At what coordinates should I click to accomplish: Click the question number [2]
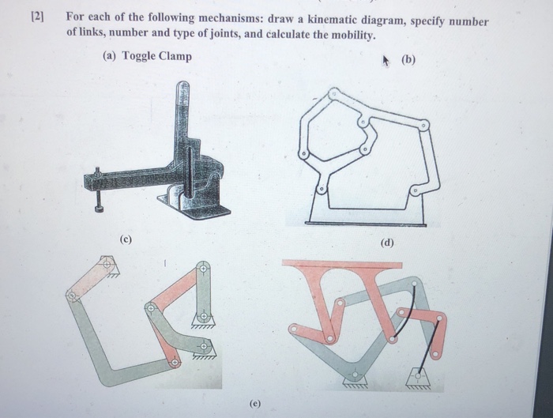pos(38,17)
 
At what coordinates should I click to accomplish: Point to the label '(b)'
pos(408,59)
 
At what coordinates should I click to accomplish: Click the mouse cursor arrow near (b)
pos(386,61)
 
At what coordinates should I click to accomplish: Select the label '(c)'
pos(126,239)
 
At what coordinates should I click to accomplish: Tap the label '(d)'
pos(387,243)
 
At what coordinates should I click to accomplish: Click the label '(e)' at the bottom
pos(254,403)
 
